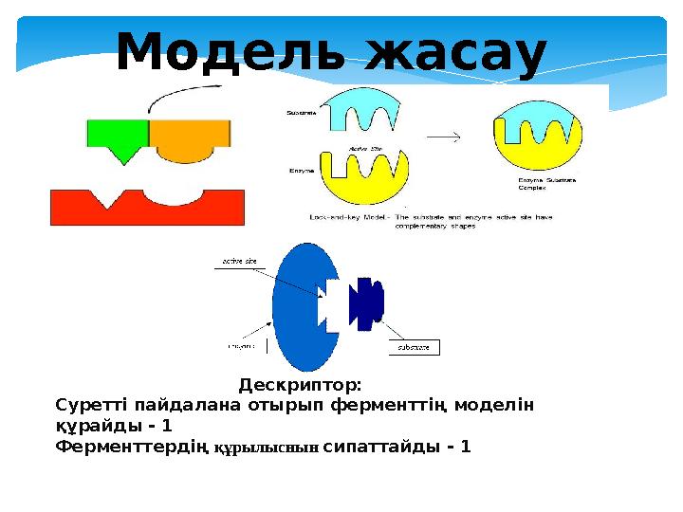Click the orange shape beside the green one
pos(190,141)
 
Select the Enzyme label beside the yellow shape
pos(302,171)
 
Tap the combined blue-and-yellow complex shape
pos(538,137)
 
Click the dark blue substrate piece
pos(365,301)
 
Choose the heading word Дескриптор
pos(300,386)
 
